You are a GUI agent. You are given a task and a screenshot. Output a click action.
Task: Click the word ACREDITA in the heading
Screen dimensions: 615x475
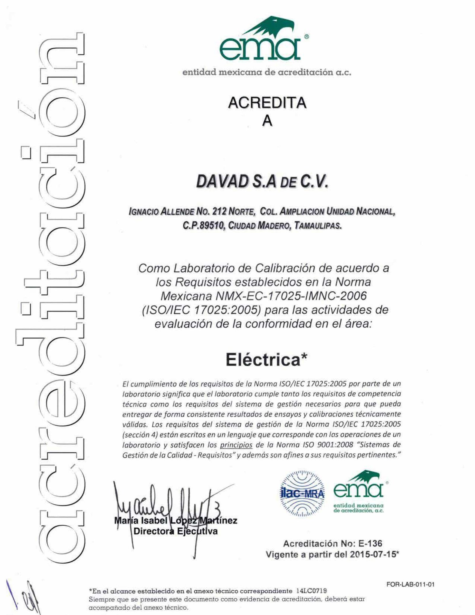click(x=267, y=103)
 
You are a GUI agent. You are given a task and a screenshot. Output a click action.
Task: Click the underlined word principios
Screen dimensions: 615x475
click(x=236, y=445)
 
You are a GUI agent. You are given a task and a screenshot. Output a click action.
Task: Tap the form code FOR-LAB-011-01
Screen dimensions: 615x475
click(x=410, y=585)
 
